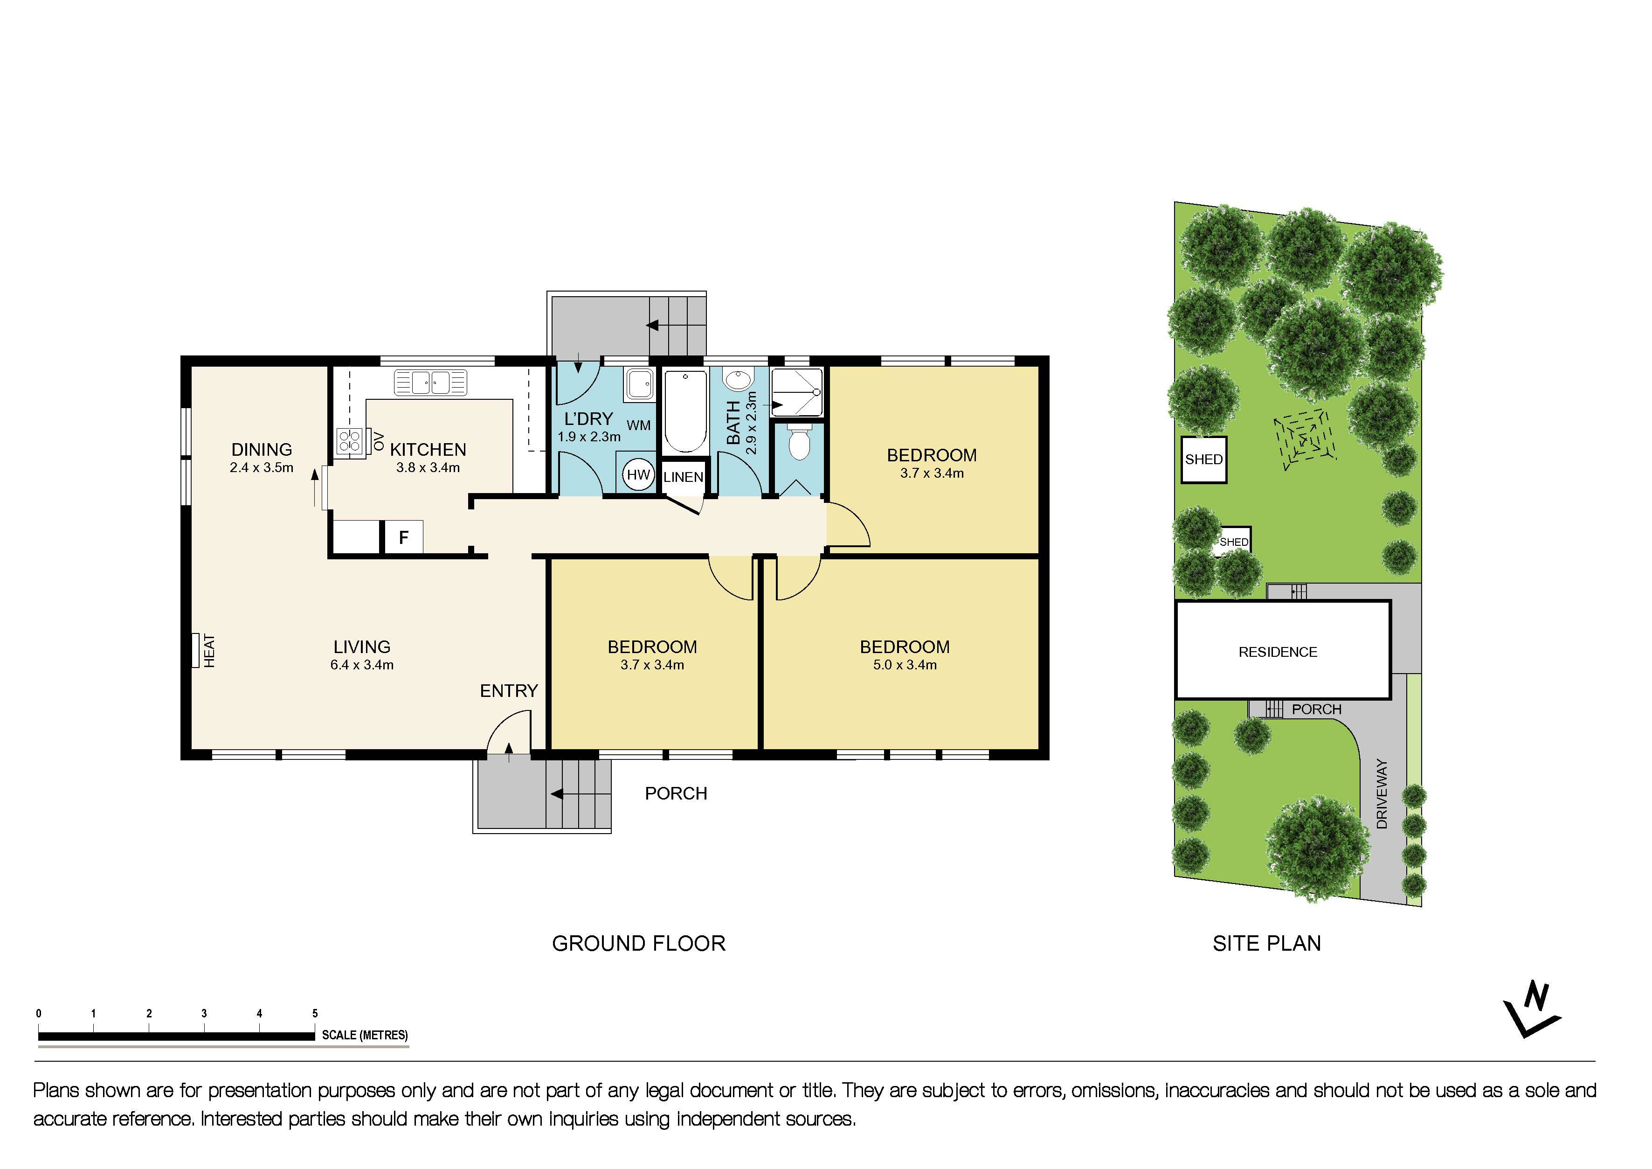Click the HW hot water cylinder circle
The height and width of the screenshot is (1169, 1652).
[x=637, y=474]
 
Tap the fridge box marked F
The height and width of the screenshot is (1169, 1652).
[x=404, y=537]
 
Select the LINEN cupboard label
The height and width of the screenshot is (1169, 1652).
[x=683, y=477]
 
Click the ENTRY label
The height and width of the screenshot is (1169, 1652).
[x=509, y=691]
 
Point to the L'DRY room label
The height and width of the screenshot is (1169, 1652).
[x=588, y=419]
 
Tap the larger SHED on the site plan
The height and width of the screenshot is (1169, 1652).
[x=1204, y=459]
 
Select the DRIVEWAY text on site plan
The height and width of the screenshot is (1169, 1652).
[x=1382, y=794]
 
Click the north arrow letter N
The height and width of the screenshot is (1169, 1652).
[x=1536, y=998]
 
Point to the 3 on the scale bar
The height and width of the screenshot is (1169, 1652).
[x=204, y=1014]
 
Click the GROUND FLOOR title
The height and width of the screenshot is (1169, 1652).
[x=638, y=944]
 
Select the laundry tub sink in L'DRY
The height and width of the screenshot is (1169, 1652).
[x=638, y=384]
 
